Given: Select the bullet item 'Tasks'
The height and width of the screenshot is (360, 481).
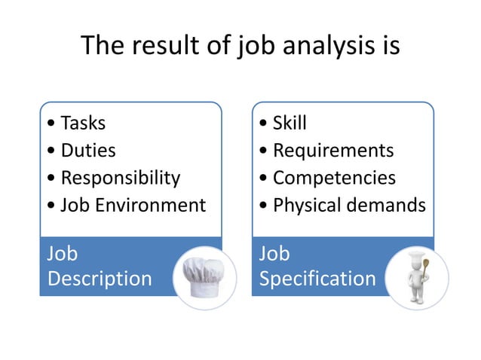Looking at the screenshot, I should [x=83, y=123].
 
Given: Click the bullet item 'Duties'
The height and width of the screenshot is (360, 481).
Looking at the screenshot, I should [x=88, y=151].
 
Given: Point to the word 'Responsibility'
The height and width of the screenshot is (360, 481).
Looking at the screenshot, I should [x=121, y=178].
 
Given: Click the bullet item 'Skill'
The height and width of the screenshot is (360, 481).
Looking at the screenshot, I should [x=290, y=123].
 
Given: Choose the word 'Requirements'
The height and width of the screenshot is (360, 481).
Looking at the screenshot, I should [x=333, y=151].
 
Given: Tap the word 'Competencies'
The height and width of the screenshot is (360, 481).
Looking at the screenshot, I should [x=334, y=178].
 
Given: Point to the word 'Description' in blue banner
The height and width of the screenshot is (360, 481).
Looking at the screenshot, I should [x=100, y=279].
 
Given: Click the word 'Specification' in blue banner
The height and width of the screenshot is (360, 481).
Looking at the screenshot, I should [x=317, y=279].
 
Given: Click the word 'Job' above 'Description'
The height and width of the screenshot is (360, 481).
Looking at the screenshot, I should [x=63, y=253].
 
